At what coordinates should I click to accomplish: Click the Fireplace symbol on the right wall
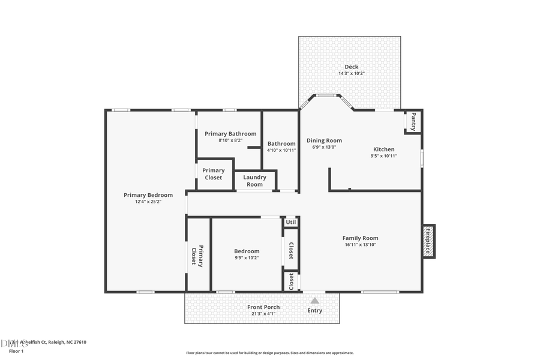[x=429, y=241]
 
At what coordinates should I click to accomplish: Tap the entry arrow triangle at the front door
[x=314, y=300]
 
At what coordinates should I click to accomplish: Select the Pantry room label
[x=413, y=122]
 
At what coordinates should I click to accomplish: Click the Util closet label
[x=291, y=222]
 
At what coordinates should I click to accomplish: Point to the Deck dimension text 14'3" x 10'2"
[x=351, y=73]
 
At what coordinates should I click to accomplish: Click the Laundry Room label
[x=255, y=181]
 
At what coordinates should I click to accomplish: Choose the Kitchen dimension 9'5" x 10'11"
[x=384, y=156]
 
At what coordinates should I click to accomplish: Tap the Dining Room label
[x=324, y=140]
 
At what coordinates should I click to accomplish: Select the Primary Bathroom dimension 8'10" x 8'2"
[x=230, y=140]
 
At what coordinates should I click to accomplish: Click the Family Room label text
[x=360, y=238]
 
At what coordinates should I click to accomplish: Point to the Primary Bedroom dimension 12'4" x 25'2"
[x=148, y=202]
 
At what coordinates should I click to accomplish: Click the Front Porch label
[x=263, y=307]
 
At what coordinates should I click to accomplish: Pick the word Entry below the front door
[x=315, y=311]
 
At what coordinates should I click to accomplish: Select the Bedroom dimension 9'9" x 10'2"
[x=247, y=258]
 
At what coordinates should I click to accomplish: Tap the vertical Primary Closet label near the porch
[x=197, y=256]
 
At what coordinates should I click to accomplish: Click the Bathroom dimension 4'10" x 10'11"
[x=281, y=150]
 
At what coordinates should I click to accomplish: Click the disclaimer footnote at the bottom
[x=269, y=353]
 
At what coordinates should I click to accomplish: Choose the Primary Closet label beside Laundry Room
[x=214, y=174]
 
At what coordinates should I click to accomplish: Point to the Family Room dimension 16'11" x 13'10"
[x=360, y=245]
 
